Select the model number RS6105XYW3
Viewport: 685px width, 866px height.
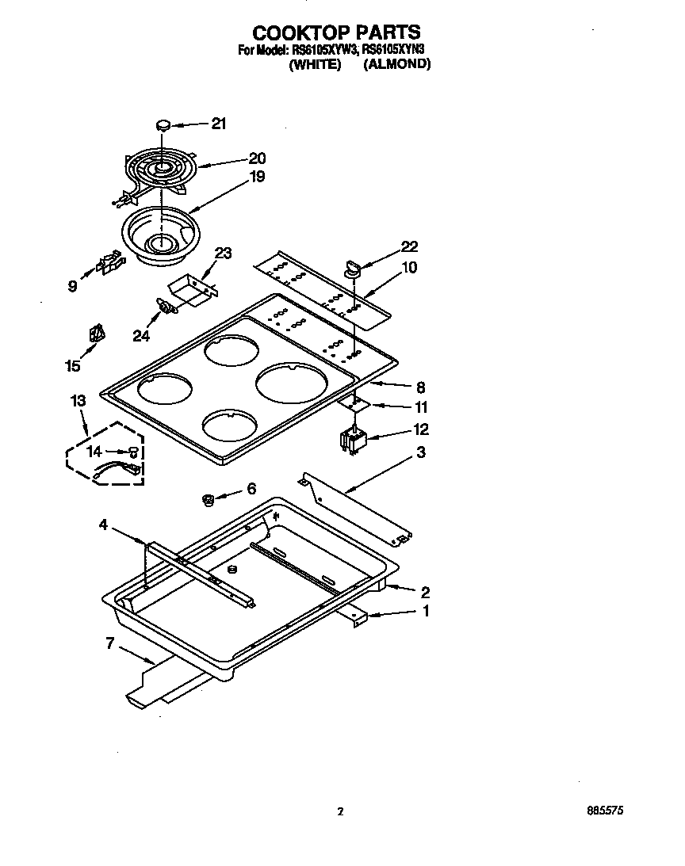click(324, 50)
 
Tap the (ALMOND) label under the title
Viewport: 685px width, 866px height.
click(396, 65)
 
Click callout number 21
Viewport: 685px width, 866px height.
click(218, 123)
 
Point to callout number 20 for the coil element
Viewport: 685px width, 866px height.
click(235, 158)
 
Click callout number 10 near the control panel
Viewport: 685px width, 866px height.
click(409, 268)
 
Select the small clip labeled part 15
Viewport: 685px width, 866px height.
click(97, 334)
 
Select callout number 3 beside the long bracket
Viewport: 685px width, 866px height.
click(421, 452)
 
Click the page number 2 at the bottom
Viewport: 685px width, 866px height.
click(340, 811)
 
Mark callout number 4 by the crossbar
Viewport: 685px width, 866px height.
click(104, 524)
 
